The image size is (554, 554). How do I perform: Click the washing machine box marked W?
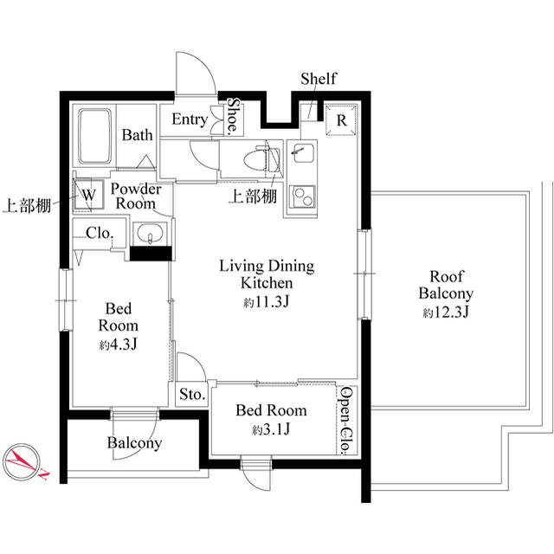88,194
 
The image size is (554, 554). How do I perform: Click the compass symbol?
26,461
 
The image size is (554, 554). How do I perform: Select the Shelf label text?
318,80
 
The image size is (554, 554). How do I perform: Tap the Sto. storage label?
191,395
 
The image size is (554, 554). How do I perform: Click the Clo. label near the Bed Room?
98,232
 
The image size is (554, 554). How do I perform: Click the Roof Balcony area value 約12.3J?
445,313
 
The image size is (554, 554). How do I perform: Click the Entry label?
189,119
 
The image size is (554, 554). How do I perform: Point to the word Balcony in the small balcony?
134,443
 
